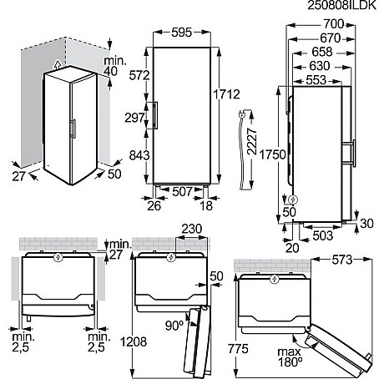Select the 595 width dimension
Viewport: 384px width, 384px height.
(x=179, y=23)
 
